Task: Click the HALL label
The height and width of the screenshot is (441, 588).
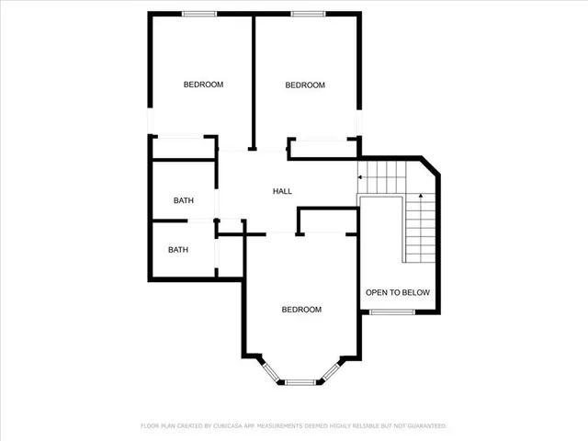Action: [282, 191]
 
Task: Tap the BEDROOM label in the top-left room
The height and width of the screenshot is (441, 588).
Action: [203, 85]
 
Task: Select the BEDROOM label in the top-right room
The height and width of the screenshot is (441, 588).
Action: [305, 85]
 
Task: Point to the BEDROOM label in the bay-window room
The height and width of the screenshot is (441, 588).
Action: [301, 310]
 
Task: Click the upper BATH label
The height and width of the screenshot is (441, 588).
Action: [184, 200]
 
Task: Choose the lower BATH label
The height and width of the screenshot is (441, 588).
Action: [178, 249]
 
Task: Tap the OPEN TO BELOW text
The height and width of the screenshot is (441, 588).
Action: [397, 293]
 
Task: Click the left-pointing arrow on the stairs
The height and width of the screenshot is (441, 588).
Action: [362, 175]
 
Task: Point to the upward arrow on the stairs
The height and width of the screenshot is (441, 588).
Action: [420, 196]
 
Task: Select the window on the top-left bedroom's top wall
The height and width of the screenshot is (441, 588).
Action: [198, 13]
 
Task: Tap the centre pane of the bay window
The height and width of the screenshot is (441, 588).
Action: [300, 381]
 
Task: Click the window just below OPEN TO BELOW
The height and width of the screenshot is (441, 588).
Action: [390, 313]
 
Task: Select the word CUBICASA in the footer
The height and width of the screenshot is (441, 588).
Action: [228, 426]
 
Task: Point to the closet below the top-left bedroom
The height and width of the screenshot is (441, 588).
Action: [184, 147]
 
